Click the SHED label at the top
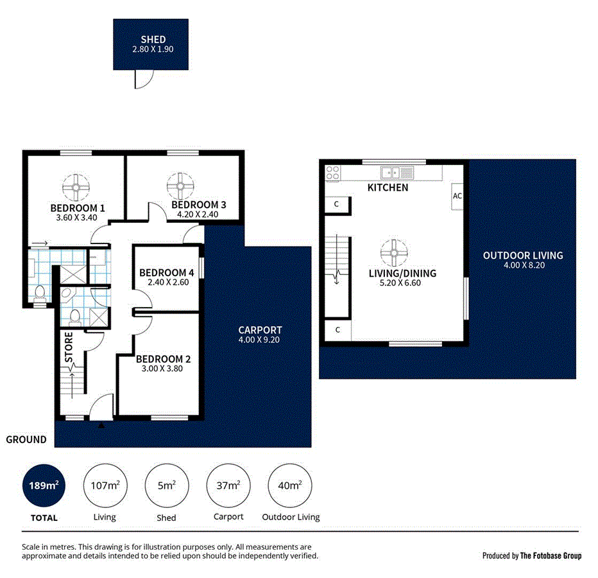(x=153, y=40)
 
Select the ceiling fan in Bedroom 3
(x=180, y=186)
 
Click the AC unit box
(x=457, y=196)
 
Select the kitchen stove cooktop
(x=332, y=172)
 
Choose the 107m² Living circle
(x=105, y=486)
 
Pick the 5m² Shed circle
(x=166, y=486)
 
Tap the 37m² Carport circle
(x=228, y=486)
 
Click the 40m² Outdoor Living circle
(x=290, y=486)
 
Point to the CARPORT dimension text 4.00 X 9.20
(x=260, y=340)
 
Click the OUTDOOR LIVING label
(x=523, y=256)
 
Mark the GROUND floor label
(x=26, y=440)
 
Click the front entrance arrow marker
(x=101, y=425)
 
